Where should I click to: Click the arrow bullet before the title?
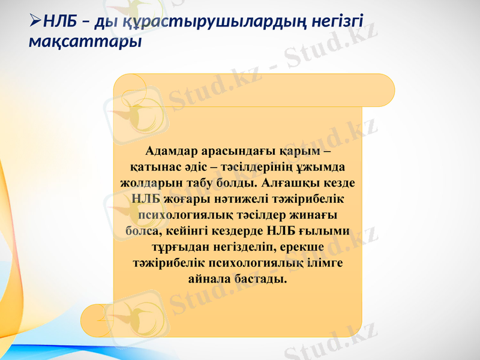tap(34, 23)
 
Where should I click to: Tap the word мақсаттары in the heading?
tap(85, 42)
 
